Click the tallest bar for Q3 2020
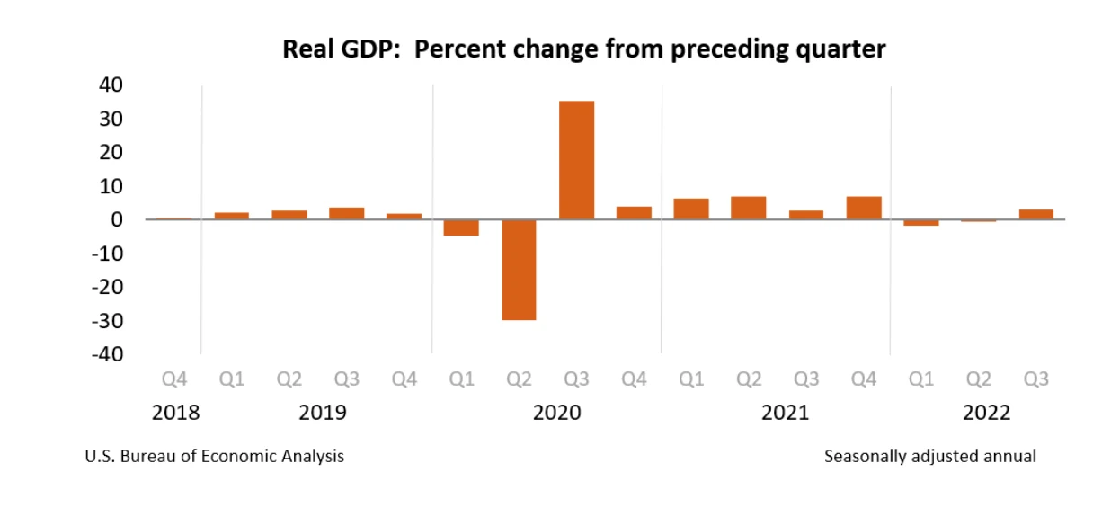click(x=576, y=160)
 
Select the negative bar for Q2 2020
click(x=519, y=270)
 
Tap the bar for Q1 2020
click(x=461, y=227)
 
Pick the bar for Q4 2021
click(x=864, y=208)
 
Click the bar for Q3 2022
click(x=1035, y=214)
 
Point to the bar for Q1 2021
click(x=691, y=209)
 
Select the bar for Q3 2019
click(x=346, y=213)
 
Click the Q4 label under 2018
click(x=174, y=379)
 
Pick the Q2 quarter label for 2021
click(x=749, y=379)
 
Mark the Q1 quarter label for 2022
click(x=921, y=379)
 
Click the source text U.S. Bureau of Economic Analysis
click(x=214, y=457)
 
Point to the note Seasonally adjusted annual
click(x=929, y=457)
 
